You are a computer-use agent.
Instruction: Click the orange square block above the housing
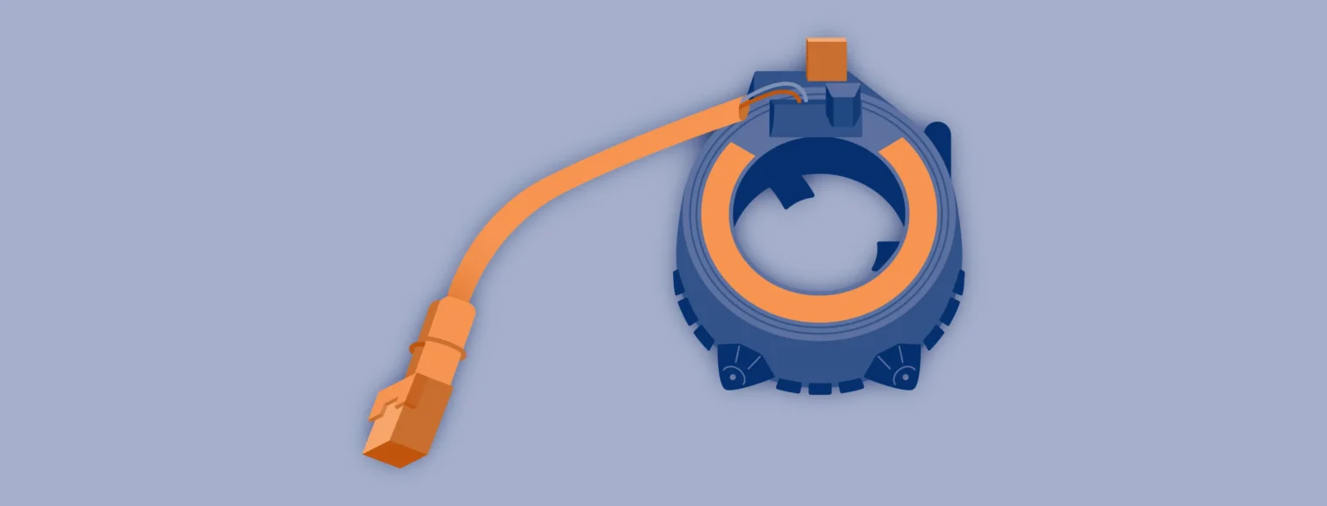826,59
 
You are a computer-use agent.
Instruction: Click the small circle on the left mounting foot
732,377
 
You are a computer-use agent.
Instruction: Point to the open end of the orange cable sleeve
744,109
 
